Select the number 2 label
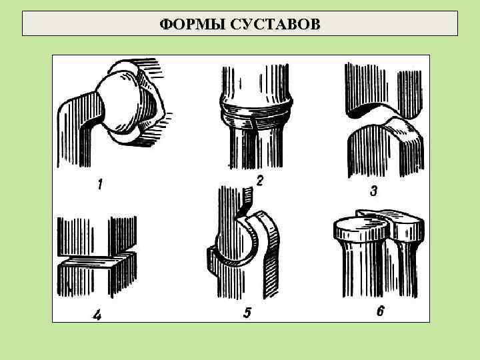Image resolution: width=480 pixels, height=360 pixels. coord(260,179)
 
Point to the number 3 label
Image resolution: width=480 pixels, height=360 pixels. coord(373,191)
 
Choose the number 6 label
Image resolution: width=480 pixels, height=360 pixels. coord(380,310)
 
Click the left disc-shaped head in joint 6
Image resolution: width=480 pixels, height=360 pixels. coord(360,230)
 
